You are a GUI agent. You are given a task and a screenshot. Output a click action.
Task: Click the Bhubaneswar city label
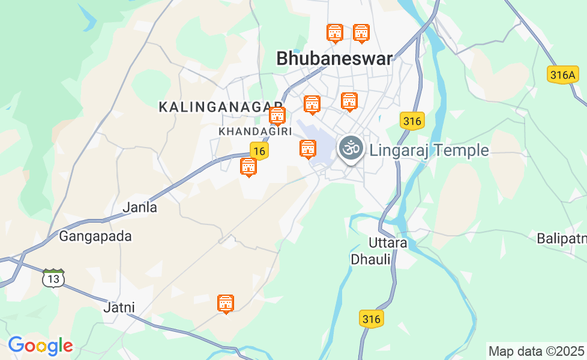click(334, 59)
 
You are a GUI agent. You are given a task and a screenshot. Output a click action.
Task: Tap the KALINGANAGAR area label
click(220, 107)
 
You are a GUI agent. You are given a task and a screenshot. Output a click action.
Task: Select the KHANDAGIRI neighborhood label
click(256, 131)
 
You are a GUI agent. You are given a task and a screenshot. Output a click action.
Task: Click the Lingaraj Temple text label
click(429, 150)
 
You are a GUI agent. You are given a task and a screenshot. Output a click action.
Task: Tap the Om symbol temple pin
click(351, 147)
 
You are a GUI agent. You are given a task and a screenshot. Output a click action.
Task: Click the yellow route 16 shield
click(259, 151)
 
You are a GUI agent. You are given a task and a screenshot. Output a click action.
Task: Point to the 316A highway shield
click(563, 74)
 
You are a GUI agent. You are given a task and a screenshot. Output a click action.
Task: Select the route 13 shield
click(53, 278)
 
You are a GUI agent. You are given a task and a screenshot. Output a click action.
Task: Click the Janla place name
click(140, 208)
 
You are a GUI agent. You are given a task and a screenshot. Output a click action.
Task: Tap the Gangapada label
click(95, 236)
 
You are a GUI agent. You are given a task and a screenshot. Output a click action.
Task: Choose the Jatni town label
click(119, 308)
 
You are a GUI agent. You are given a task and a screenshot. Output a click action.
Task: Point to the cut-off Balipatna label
click(561, 238)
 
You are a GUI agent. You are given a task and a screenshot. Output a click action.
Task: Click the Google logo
click(40, 346)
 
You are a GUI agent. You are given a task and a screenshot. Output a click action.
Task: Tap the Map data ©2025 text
click(536, 351)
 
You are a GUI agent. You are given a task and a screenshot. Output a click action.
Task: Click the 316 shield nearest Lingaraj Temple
click(412, 121)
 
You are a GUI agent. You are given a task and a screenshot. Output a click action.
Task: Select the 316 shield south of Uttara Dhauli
click(372, 319)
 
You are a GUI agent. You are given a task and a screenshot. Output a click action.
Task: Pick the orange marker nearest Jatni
click(226, 304)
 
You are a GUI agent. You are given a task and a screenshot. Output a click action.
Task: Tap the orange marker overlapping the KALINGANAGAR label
click(277, 115)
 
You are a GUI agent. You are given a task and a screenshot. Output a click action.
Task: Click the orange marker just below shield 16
click(248, 167)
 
